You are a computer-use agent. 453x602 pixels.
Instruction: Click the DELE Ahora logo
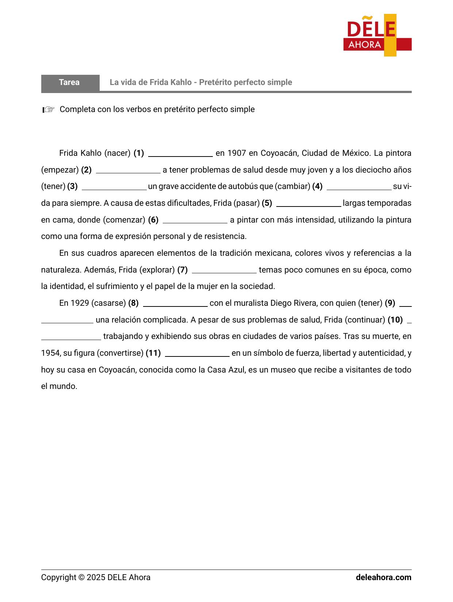click(377, 35)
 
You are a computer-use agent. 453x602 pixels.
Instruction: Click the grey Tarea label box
click(70, 82)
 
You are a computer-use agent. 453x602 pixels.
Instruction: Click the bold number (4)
click(317, 186)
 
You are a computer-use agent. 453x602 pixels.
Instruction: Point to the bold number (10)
click(395, 320)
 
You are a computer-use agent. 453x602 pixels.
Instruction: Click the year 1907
click(237, 153)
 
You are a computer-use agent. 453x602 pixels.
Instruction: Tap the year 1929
click(80, 303)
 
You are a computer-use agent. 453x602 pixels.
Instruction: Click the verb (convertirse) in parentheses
click(120, 353)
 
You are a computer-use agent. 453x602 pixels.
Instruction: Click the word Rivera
click(305, 303)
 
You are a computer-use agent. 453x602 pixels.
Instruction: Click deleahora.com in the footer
click(383, 578)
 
